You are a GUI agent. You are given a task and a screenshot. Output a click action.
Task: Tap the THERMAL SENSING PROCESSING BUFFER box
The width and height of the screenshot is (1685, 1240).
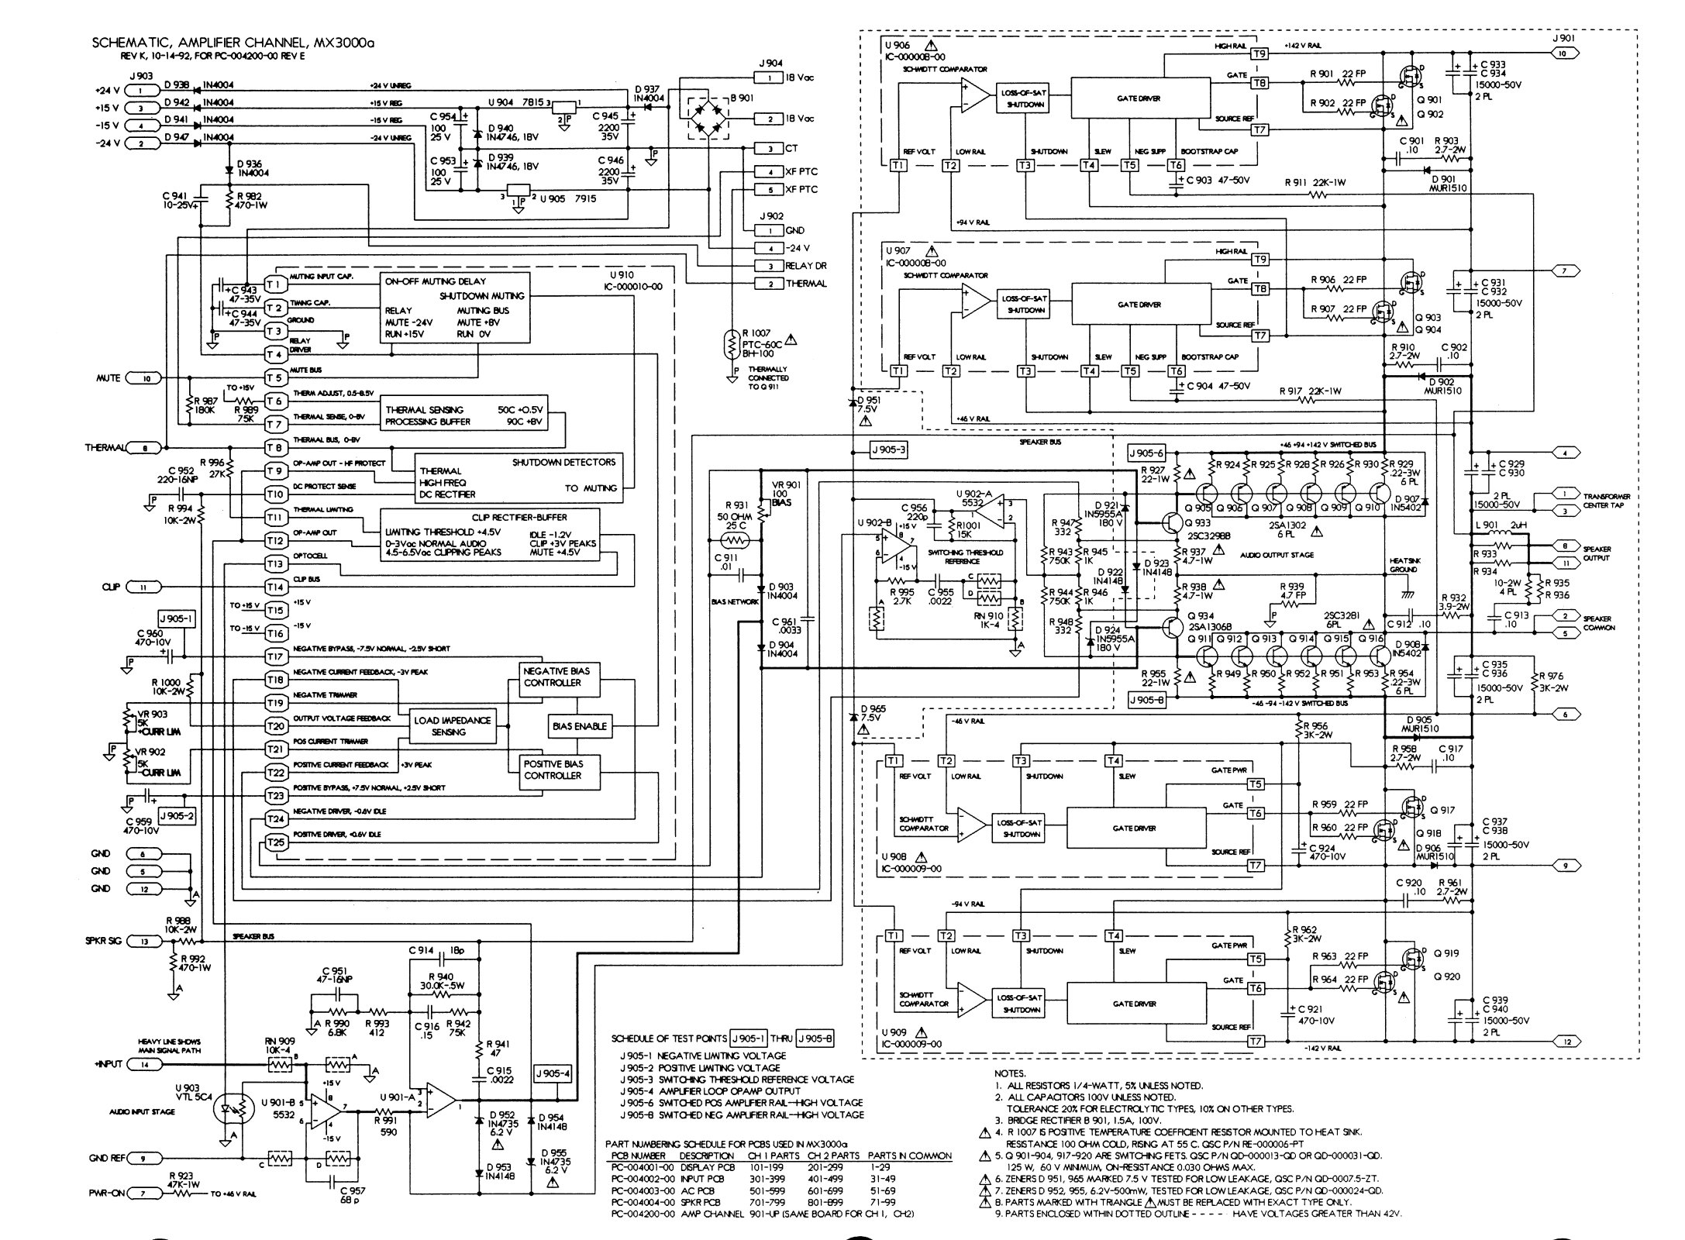[463, 415]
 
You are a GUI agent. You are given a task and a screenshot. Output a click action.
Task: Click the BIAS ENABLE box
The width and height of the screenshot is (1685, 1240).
[579, 726]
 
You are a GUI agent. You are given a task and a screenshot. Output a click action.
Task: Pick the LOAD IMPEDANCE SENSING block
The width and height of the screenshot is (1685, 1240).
[453, 725]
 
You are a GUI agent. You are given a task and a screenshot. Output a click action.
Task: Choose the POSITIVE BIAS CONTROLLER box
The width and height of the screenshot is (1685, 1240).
[561, 770]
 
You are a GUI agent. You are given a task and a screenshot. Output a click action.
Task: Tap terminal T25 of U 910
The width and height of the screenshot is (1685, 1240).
[275, 842]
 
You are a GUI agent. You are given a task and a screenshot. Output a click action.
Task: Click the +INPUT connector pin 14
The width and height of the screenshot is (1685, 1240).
[145, 1064]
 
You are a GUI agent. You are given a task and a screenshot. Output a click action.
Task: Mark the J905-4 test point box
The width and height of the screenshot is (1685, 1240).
[553, 1073]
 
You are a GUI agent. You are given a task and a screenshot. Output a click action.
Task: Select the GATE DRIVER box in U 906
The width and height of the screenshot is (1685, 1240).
[1139, 98]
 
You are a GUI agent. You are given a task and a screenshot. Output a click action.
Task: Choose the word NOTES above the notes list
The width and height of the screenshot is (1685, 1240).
[1010, 1073]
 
